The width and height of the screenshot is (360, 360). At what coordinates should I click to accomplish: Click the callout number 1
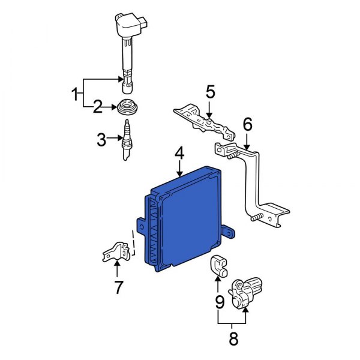pyautogui.click(x=76, y=94)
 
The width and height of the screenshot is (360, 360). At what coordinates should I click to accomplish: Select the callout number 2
pyautogui.click(x=97, y=108)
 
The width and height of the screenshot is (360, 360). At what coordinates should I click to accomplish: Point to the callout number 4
pyautogui.click(x=179, y=154)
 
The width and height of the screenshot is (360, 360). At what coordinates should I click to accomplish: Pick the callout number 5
pyautogui.click(x=209, y=92)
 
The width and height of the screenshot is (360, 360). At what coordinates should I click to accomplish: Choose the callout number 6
pyautogui.click(x=247, y=124)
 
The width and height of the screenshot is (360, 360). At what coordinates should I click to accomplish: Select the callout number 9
pyautogui.click(x=220, y=300)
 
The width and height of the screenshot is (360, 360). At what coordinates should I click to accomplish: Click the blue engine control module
pyautogui.click(x=186, y=222)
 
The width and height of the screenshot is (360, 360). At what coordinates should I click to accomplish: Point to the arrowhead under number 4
pyautogui.click(x=179, y=173)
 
